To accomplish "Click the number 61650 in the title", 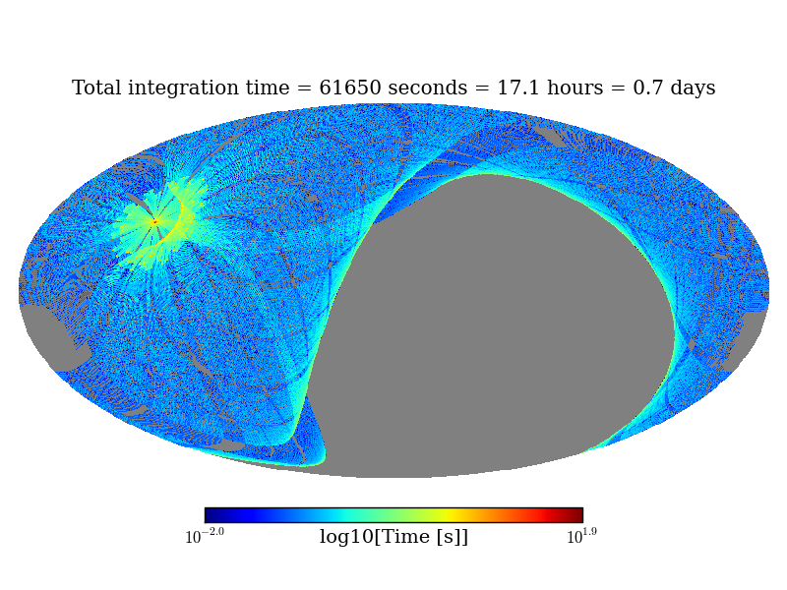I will [x=350, y=88].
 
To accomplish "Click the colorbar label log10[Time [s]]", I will [x=393, y=537].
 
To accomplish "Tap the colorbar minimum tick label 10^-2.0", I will [x=205, y=537].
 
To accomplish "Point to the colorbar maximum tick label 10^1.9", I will [x=581, y=537].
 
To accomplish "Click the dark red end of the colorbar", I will [x=576, y=515].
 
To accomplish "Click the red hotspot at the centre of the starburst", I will [x=154, y=222].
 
